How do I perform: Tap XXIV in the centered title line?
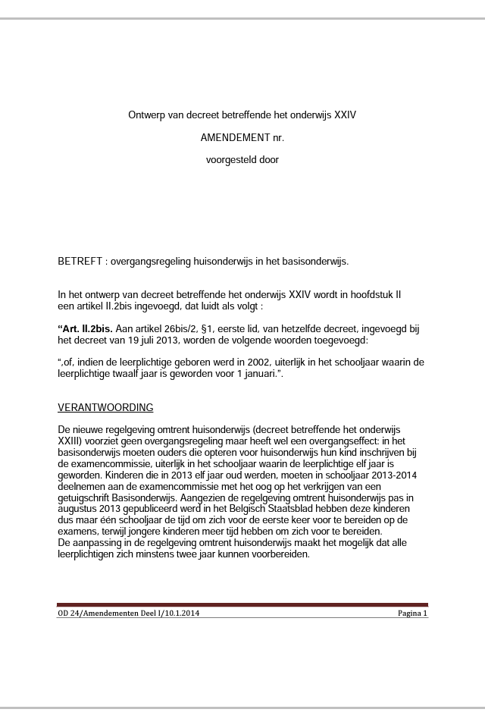[345, 116]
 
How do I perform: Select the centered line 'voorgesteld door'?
[242, 160]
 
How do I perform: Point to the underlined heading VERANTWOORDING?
[105, 408]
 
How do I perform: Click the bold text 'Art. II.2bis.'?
[86, 329]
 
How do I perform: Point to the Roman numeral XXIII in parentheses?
[70, 441]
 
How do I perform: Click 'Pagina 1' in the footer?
[412, 613]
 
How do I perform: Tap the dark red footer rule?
[242, 605]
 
